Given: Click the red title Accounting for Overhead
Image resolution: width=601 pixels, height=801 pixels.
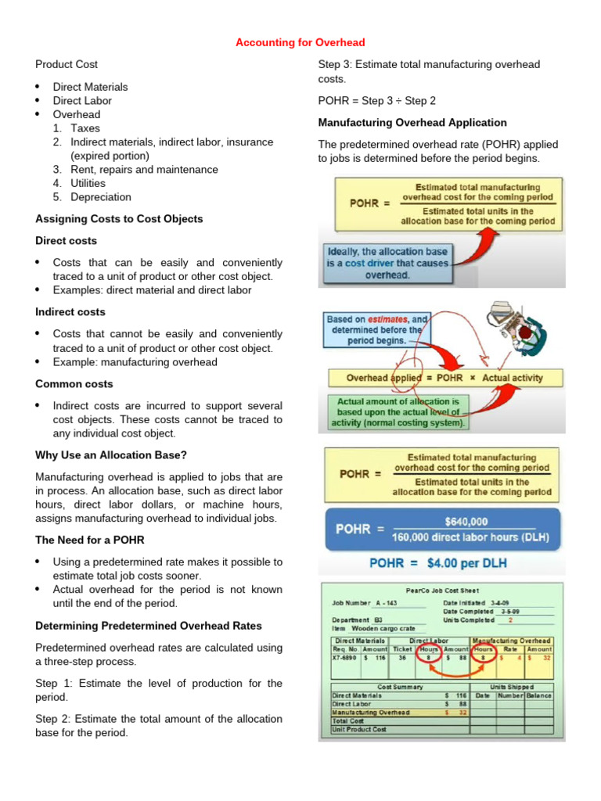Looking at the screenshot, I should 300,42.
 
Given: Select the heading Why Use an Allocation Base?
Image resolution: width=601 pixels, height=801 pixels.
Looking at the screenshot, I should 111,455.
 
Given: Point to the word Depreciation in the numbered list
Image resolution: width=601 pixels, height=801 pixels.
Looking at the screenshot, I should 100,197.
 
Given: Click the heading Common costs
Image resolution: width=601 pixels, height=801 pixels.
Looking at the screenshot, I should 74,384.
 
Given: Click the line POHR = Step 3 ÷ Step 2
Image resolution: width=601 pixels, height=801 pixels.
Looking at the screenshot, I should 376,101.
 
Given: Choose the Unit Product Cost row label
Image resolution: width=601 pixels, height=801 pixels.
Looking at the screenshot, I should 359,729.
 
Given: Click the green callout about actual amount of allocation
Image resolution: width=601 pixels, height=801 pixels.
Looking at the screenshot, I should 398,412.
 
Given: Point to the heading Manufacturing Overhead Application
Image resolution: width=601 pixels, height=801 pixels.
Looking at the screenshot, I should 412,123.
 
